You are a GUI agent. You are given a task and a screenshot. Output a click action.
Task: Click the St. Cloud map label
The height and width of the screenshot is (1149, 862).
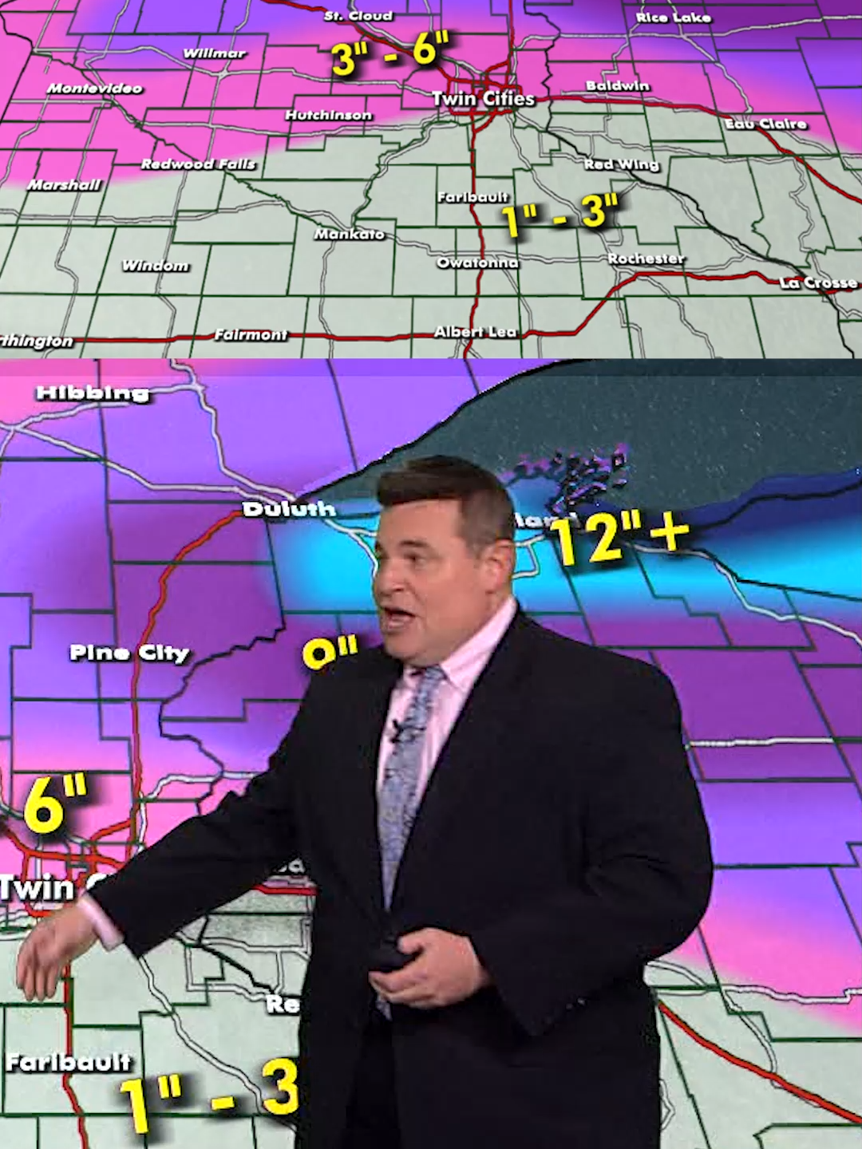coord(358,16)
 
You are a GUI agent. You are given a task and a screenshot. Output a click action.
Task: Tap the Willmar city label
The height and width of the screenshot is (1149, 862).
coord(215,53)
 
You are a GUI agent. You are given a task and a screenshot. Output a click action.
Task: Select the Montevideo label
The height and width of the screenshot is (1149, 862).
coord(94,89)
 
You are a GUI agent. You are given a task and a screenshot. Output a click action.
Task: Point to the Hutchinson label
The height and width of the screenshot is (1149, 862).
coord(329,116)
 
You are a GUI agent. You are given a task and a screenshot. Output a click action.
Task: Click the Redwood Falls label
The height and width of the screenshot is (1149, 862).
coord(199,164)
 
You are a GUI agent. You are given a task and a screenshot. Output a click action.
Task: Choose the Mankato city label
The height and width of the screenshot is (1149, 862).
coord(350,234)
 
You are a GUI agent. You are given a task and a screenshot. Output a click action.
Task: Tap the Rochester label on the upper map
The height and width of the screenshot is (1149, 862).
coord(646,259)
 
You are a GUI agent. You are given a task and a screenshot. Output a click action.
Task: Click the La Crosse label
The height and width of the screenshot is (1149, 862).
coord(818,282)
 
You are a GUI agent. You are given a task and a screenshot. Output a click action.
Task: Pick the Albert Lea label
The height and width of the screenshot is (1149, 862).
coord(476,332)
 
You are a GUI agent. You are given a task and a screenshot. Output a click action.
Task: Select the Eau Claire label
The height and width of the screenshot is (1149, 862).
coord(765,124)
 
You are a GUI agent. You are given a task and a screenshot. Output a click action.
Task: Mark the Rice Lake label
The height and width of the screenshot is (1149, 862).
coord(673,17)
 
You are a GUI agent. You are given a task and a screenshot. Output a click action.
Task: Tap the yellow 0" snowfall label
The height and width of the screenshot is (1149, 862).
coord(330,653)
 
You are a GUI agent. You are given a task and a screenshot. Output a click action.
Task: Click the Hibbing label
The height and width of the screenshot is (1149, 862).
coord(93,393)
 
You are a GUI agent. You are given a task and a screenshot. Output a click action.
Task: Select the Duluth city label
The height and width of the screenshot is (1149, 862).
coord(289,509)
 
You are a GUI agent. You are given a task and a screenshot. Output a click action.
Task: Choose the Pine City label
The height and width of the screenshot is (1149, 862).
coord(129,653)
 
